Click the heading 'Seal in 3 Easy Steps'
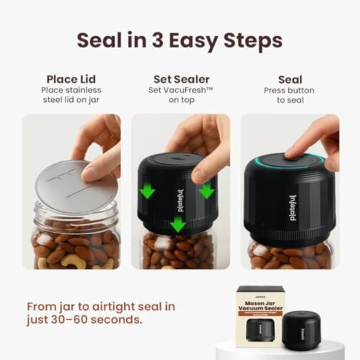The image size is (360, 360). tap(180, 40)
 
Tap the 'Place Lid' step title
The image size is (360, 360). tap(71, 79)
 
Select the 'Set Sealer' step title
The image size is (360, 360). tap(180, 79)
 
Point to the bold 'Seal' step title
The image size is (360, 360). tap(290, 79)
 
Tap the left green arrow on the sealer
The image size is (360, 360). tap(147, 191)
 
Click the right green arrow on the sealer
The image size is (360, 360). tap(207, 190)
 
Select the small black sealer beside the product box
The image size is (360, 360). tap(301, 330)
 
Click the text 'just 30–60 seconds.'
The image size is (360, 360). tap(84, 319)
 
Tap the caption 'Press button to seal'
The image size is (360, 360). tap(290, 95)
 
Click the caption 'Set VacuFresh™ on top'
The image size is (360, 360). tap(180, 95)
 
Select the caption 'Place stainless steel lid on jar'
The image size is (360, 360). tap(71, 95)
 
